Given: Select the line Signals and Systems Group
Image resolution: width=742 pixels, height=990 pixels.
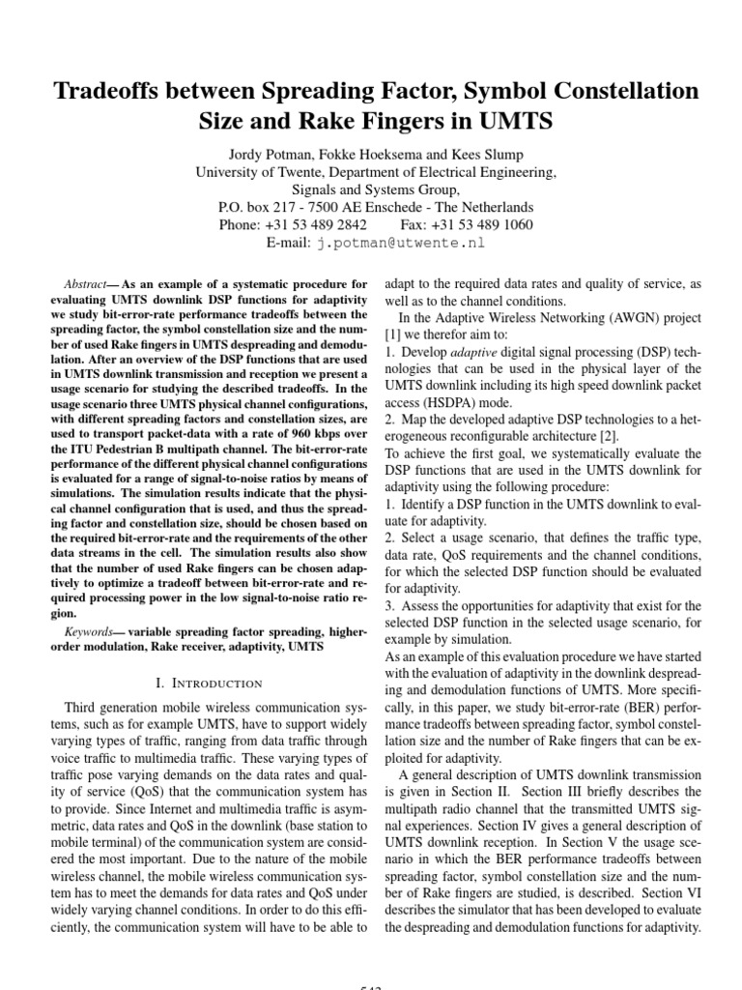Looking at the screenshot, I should [x=371, y=189].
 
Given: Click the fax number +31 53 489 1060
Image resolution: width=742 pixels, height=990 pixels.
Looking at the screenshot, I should [x=480, y=224].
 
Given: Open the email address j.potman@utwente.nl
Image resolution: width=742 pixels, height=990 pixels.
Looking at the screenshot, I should [x=400, y=243].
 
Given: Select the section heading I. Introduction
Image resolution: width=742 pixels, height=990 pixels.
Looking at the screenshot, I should [x=210, y=683].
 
